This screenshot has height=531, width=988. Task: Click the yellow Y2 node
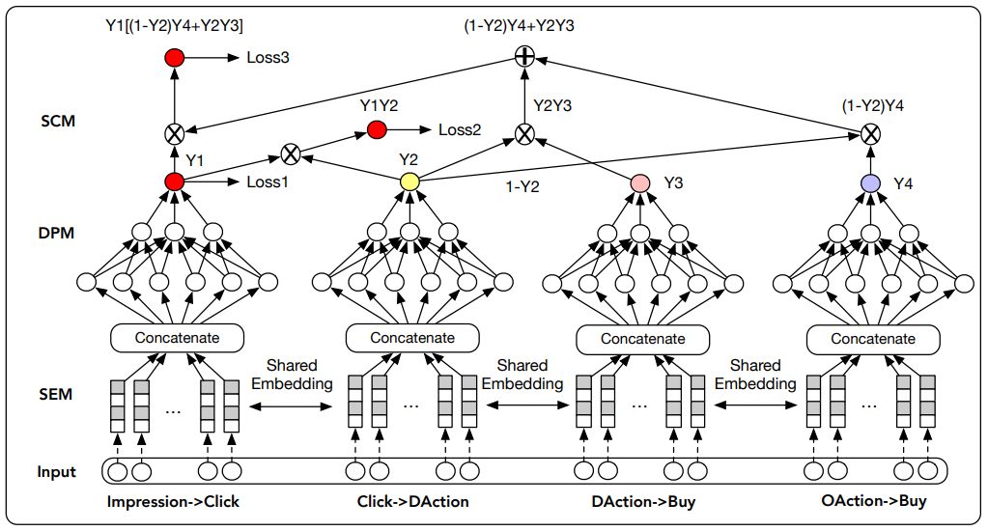click(409, 182)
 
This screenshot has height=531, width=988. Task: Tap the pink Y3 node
click(640, 182)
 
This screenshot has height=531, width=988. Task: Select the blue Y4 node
click(871, 182)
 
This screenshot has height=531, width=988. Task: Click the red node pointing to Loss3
click(174, 59)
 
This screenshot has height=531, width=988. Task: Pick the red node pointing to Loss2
click(376, 129)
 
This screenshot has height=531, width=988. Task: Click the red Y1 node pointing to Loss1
click(174, 182)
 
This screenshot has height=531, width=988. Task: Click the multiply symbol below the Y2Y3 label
click(523, 134)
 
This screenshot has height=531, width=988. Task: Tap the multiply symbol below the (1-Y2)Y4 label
click(871, 134)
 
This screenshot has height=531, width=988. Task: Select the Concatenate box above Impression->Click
click(177, 338)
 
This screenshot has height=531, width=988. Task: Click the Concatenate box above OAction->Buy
click(873, 339)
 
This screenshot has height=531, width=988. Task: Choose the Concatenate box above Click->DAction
click(412, 338)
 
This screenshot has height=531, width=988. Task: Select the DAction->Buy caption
click(643, 502)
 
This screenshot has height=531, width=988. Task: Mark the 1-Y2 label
click(522, 188)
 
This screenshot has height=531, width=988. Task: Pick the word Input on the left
click(56, 472)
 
